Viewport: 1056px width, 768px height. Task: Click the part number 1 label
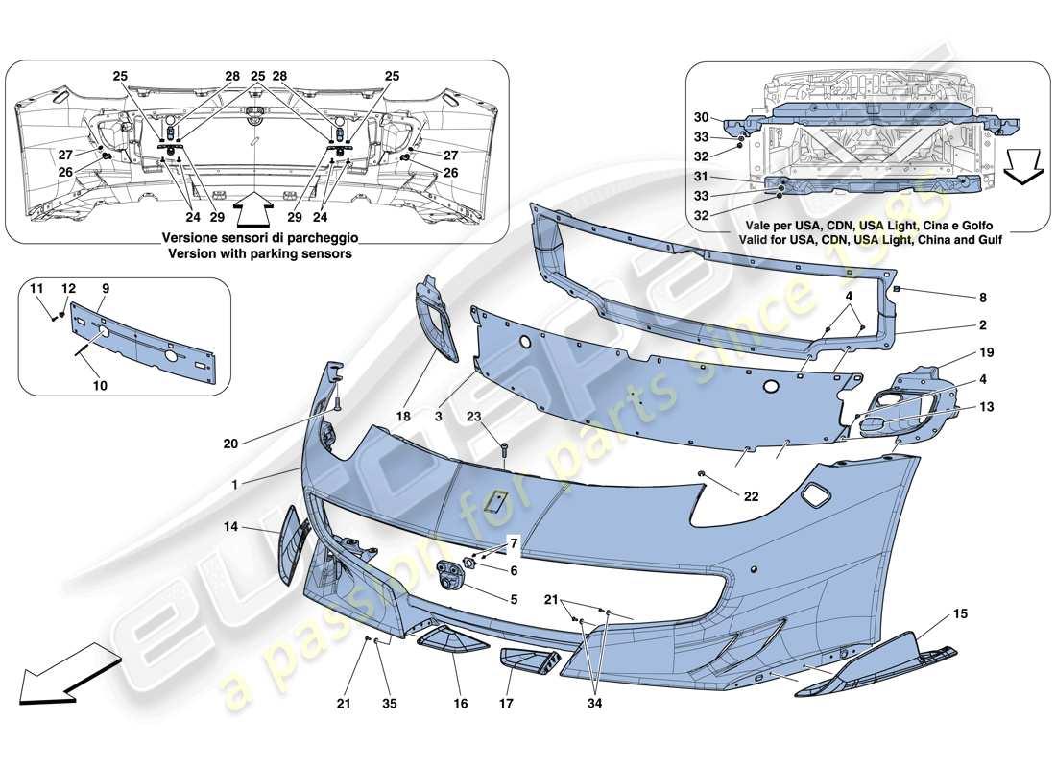pos(233,485)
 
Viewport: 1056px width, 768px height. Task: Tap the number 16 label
pos(460,704)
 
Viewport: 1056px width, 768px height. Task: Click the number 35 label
pos(389,704)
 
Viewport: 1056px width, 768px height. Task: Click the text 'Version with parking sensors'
pos(257,254)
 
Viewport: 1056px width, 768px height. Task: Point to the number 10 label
pos(100,385)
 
